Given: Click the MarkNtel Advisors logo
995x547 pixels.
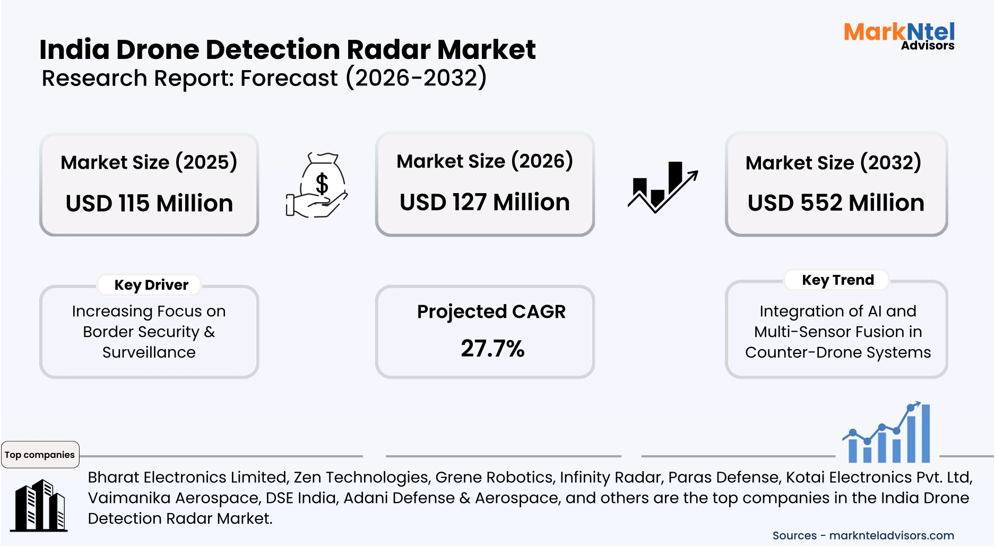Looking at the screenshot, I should pyautogui.click(x=899, y=36).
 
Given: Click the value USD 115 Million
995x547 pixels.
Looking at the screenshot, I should pyautogui.click(x=149, y=203).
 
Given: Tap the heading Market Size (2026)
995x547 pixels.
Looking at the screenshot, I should pyautogui.click(x=484, y=161).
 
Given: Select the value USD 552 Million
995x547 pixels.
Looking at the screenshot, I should pyautogui.click(x=836, y=203).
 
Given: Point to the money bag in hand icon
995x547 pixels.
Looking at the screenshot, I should pyautogui.click(x=317, y=186).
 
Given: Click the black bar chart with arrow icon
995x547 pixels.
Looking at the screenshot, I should pyautogui.click(x=662, y=187).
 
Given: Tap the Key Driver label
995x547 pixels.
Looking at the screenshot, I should pyautogui.click(x=151, y=285).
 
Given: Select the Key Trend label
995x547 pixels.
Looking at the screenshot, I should pyautogui.click(x=837, y=280).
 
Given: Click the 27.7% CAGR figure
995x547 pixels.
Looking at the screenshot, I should pyautogui.click(x=492, y=349).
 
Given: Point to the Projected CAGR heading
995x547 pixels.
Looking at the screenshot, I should pyautogui.click(x=491, y=311).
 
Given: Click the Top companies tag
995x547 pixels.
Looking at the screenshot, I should pyautogui.click(x=40, y=455).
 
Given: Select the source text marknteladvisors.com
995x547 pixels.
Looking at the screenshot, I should pyautogui.click(x=892, y=535).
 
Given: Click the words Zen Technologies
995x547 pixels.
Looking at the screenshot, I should pyautogui.click(x=361, y=477).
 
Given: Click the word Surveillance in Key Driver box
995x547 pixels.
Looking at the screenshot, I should pyautogui.click(x=149, y=352).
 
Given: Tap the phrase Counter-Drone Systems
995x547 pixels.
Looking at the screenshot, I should pyautogui.click(x=837, y=352).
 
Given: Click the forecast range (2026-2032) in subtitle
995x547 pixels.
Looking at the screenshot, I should pyautogui.click(x=416, y=78).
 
